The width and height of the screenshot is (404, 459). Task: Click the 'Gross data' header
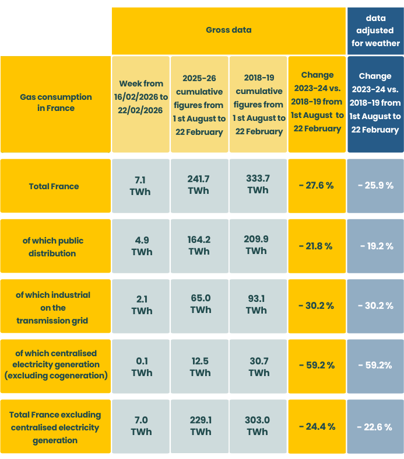[229, 30]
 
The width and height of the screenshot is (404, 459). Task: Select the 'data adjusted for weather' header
[375, 31]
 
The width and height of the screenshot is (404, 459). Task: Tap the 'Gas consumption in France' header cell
[56, 103]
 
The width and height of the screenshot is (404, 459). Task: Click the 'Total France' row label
[56, 186]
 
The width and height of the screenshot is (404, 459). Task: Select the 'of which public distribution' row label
[56, 246]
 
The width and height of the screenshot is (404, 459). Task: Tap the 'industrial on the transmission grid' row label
[56, 308]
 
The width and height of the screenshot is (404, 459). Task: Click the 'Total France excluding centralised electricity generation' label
[56, 427]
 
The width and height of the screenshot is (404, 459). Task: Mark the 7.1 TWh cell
[140, 186]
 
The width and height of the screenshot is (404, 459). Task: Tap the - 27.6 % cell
[317, 186]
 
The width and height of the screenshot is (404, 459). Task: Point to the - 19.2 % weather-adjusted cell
[375, 246]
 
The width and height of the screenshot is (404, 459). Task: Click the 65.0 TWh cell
[199, 304]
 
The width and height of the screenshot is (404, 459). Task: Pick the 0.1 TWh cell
[140, 367]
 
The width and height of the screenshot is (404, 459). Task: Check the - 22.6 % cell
[375, 427]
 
